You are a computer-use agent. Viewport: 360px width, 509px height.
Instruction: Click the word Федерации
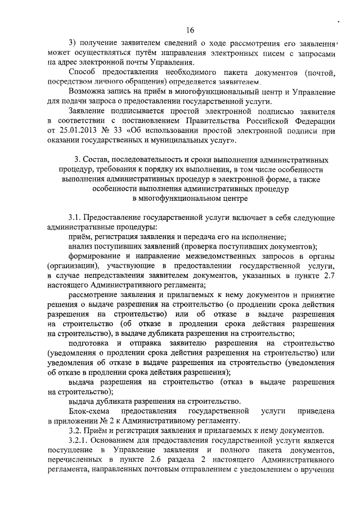pos(314,121)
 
